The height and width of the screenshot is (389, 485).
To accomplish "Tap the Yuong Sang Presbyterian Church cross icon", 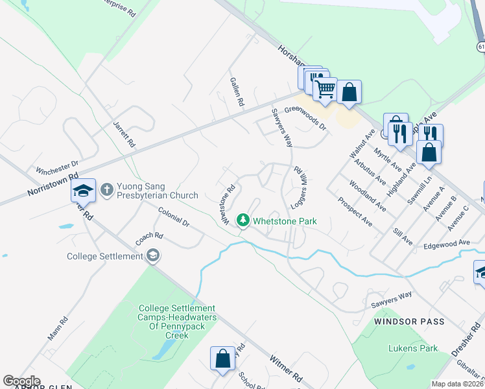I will pyautogui.click(x=108, y=189).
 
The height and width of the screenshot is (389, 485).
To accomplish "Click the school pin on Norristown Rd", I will pyautogui.click(x=83, y=191).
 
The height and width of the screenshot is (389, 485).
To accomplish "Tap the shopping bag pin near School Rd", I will pyautogui.click(x=222, y=359).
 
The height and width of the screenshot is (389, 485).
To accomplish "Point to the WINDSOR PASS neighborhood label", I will pyautogui.click(x=409, y=322).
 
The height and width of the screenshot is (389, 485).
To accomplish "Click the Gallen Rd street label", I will pyautogui.click(x=237, y=92).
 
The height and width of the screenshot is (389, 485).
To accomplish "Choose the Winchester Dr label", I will pyautogui.click(x=57, y=167).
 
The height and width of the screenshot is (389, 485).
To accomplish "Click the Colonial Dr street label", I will pyautogui.click(x=174, y=217).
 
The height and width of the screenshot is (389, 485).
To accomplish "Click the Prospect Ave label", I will pyautogui.click(x=355, y=211).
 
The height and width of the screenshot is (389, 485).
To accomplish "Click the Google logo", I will pyautogui.click(x=21, y=381).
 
